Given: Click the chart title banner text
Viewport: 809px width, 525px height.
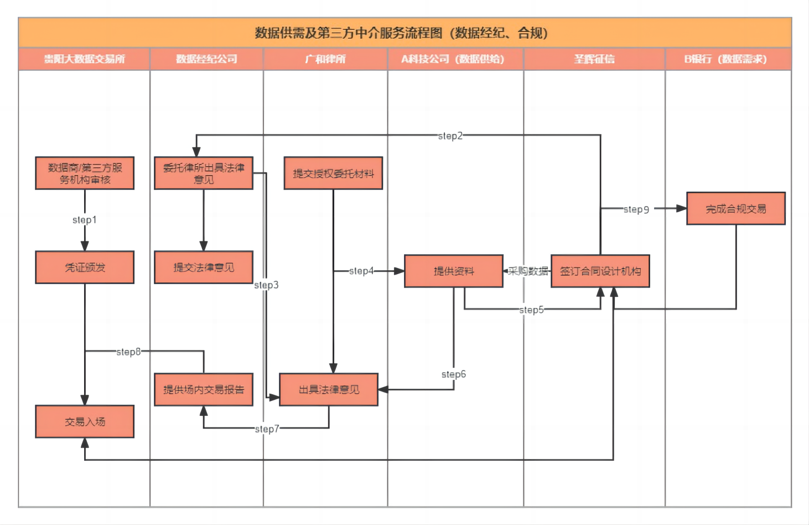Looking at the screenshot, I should click(x=401, y=33).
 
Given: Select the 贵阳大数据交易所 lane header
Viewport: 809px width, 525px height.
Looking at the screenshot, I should click(x=85, y=59).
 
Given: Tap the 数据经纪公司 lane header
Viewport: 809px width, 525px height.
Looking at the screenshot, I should click(x=206, y=59).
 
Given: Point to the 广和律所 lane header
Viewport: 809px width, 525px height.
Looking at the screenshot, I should click(x=325, y=59).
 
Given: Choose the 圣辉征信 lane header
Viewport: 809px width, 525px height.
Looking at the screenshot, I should click(x=594, y=59).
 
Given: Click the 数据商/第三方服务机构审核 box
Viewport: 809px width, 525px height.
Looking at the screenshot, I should click(x=85, y=173).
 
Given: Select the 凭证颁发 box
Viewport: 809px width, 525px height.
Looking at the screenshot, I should click(x=85, y=267).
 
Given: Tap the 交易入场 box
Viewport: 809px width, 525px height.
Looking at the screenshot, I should click(x=85, y=422).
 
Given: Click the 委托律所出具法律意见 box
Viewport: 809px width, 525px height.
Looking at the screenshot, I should click(x=204, y=173).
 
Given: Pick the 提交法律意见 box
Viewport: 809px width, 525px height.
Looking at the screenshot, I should click(x=204, y=267).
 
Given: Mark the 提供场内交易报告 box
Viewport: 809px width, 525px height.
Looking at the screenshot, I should click(x=204, y=390).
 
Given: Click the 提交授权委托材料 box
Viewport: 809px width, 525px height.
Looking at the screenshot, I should click(x=333, y=173).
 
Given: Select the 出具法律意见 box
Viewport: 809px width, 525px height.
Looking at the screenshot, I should click(x=329, y=390).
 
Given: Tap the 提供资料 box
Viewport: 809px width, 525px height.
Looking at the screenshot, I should click(x=454, y=271).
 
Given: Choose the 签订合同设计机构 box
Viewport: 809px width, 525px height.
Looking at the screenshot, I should click(x=600, y=271).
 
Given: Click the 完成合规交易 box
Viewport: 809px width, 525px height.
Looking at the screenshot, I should click(x=736, y=209).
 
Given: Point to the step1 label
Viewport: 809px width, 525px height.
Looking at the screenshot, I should click(x=85, y=220).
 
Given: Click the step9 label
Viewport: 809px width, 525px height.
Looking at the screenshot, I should click(x=636, y=209).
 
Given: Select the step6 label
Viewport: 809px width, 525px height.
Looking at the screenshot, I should click(x=454, y=374).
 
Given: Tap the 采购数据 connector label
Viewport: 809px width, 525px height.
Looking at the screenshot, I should click(x=528, y=271).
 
